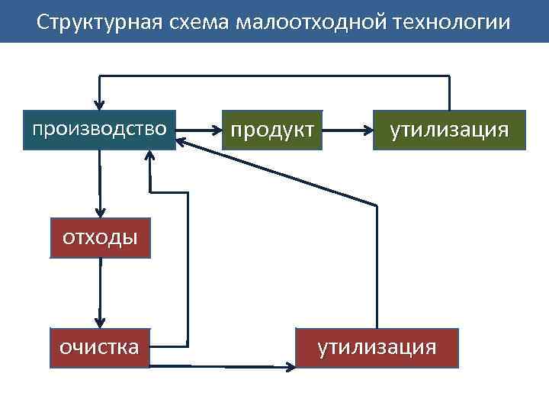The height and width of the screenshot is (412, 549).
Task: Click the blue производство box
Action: click(x=99, y=129)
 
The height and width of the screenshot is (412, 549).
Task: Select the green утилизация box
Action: click(x=449, y=130)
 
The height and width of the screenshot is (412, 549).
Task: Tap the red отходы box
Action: click(x=100, y=237)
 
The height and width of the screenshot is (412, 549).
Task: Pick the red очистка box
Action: click(x=100, y=348)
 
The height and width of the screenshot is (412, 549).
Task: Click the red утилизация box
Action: click(x=377, y=348)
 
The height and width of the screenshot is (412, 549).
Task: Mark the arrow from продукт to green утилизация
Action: click(x=347, y=130)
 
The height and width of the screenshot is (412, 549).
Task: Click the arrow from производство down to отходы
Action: click(x=100, y=183)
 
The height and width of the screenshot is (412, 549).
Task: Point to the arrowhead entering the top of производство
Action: click(x=99, y=105)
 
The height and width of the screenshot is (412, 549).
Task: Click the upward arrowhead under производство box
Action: click(x=150, y=156)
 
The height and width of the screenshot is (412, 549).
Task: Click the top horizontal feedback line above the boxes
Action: click(x=274, y=76)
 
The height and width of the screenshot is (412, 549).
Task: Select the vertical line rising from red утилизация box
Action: click(x=377, y=267)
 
